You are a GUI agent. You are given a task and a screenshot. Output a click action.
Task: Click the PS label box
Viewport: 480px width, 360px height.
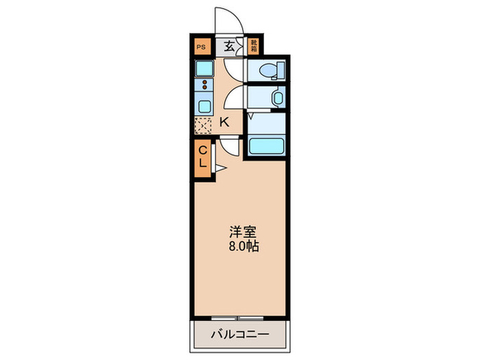(x=201, y=47)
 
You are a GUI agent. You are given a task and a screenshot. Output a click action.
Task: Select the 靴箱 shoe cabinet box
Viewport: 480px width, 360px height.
(x=253, y=47)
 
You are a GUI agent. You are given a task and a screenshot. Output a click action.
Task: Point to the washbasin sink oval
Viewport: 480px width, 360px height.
(x=276, y=98)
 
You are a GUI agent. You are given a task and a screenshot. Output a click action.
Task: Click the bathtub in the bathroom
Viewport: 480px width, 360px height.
(x=267, y=146)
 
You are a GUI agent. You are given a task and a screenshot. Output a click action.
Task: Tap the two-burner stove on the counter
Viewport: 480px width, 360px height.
(x=204, y=86)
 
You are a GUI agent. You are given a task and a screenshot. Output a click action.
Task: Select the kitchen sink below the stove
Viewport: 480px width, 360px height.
(x=204, y=106)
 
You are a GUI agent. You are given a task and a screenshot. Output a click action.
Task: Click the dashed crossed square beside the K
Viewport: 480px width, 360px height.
(x=204, y=125)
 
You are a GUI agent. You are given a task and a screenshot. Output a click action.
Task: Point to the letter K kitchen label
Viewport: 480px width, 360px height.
(x=224, y=122)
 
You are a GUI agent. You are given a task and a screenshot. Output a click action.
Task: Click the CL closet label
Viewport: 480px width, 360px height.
(x=204, y=157)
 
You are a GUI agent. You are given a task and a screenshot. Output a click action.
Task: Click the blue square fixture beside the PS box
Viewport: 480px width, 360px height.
(x=204, y=69)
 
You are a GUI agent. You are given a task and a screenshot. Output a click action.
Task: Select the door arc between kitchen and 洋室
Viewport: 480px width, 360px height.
(x=230, y=146)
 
